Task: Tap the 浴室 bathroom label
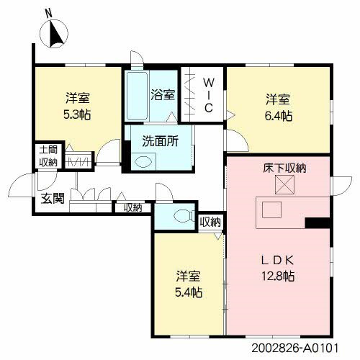point(162,94)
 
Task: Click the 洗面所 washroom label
point(160,142)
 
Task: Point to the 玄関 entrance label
point(52,198)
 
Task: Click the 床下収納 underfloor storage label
point(284,168)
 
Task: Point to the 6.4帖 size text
point(277,115)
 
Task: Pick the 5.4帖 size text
point(189,292)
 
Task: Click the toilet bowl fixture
point(182,215)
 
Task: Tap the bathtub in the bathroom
point(138,97)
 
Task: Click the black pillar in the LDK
point(315,222)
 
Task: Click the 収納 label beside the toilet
point(210,222)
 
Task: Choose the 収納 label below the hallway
point(132,208)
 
